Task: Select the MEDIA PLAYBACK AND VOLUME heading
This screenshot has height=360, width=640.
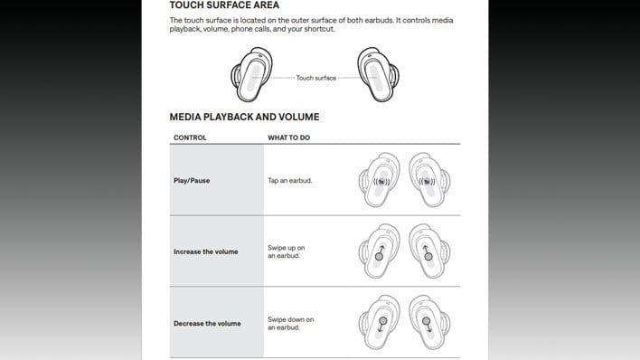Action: [x=244, y=117]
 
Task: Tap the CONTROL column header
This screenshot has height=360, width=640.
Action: [x=190, y=137]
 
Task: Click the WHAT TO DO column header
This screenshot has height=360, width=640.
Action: [x=290, y=137]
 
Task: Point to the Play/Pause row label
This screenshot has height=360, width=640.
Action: [x=192, y=180]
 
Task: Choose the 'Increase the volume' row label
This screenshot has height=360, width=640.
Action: [x=205, y=251]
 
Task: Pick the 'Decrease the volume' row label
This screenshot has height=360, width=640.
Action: [x=207, y=323]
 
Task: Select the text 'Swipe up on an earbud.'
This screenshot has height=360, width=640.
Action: [x=288, y=251]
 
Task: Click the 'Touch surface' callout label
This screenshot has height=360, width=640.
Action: [x=316, y=79]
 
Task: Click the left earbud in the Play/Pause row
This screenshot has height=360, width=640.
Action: [x=381, y=180]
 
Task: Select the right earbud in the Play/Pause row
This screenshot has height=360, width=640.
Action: [x=430, y=180]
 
